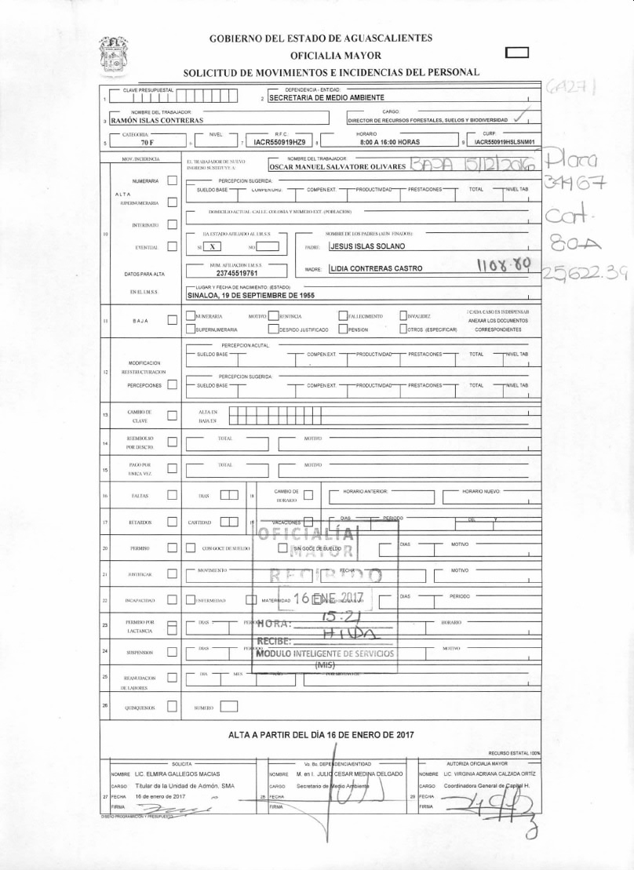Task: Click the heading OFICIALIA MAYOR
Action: coord(335,56)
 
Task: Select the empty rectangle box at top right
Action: coord(518,53)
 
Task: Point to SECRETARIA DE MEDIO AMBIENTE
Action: coord(326,98)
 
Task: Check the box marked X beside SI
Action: coord(213,246)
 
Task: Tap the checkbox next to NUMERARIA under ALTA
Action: coord(172,181)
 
